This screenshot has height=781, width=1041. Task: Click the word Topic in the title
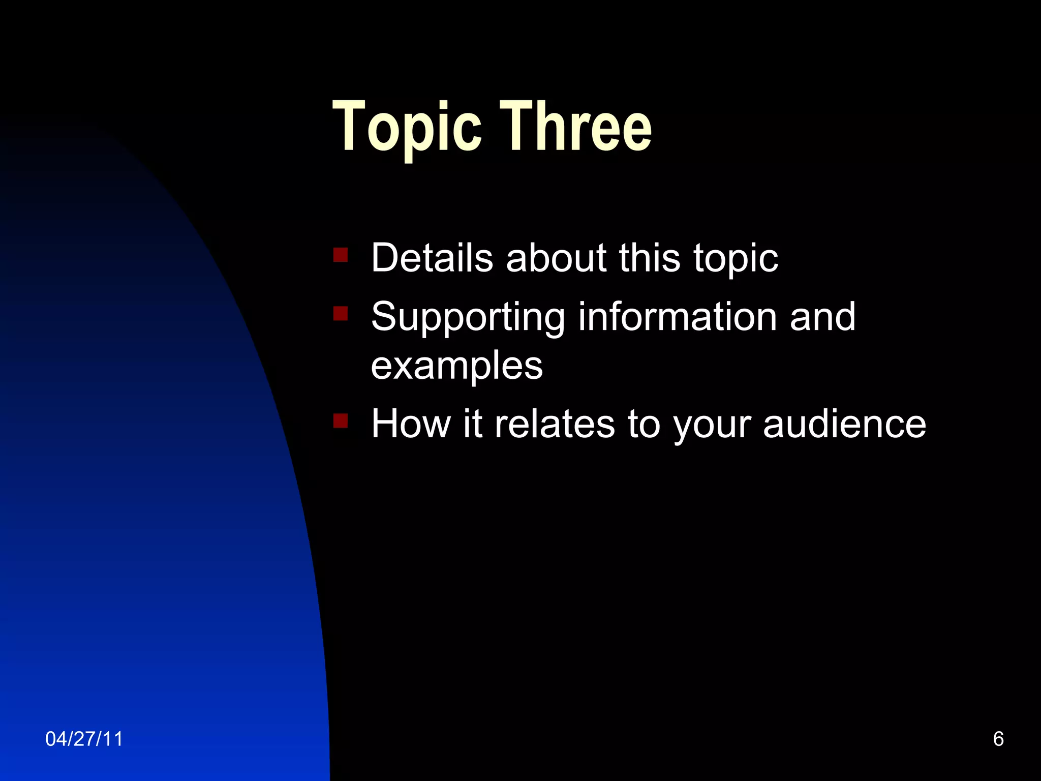(x=407, y=127)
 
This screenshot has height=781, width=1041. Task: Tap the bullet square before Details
(x=341, y=254)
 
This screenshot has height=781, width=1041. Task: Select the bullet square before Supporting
(x=341, y=313)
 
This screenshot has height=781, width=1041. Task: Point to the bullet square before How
(x=341, y=420)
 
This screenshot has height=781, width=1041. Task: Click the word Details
(x=432, y=257)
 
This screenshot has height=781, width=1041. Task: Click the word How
(x=411, y=424)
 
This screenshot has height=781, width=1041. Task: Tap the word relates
(x=554, y=424)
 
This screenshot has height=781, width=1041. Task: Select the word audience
(x=844, y=424)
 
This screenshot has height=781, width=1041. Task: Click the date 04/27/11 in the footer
(x=84, y=739)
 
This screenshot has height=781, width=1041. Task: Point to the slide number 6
(x=998, y=739)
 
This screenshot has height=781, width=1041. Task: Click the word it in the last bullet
(x=473, y=424)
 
